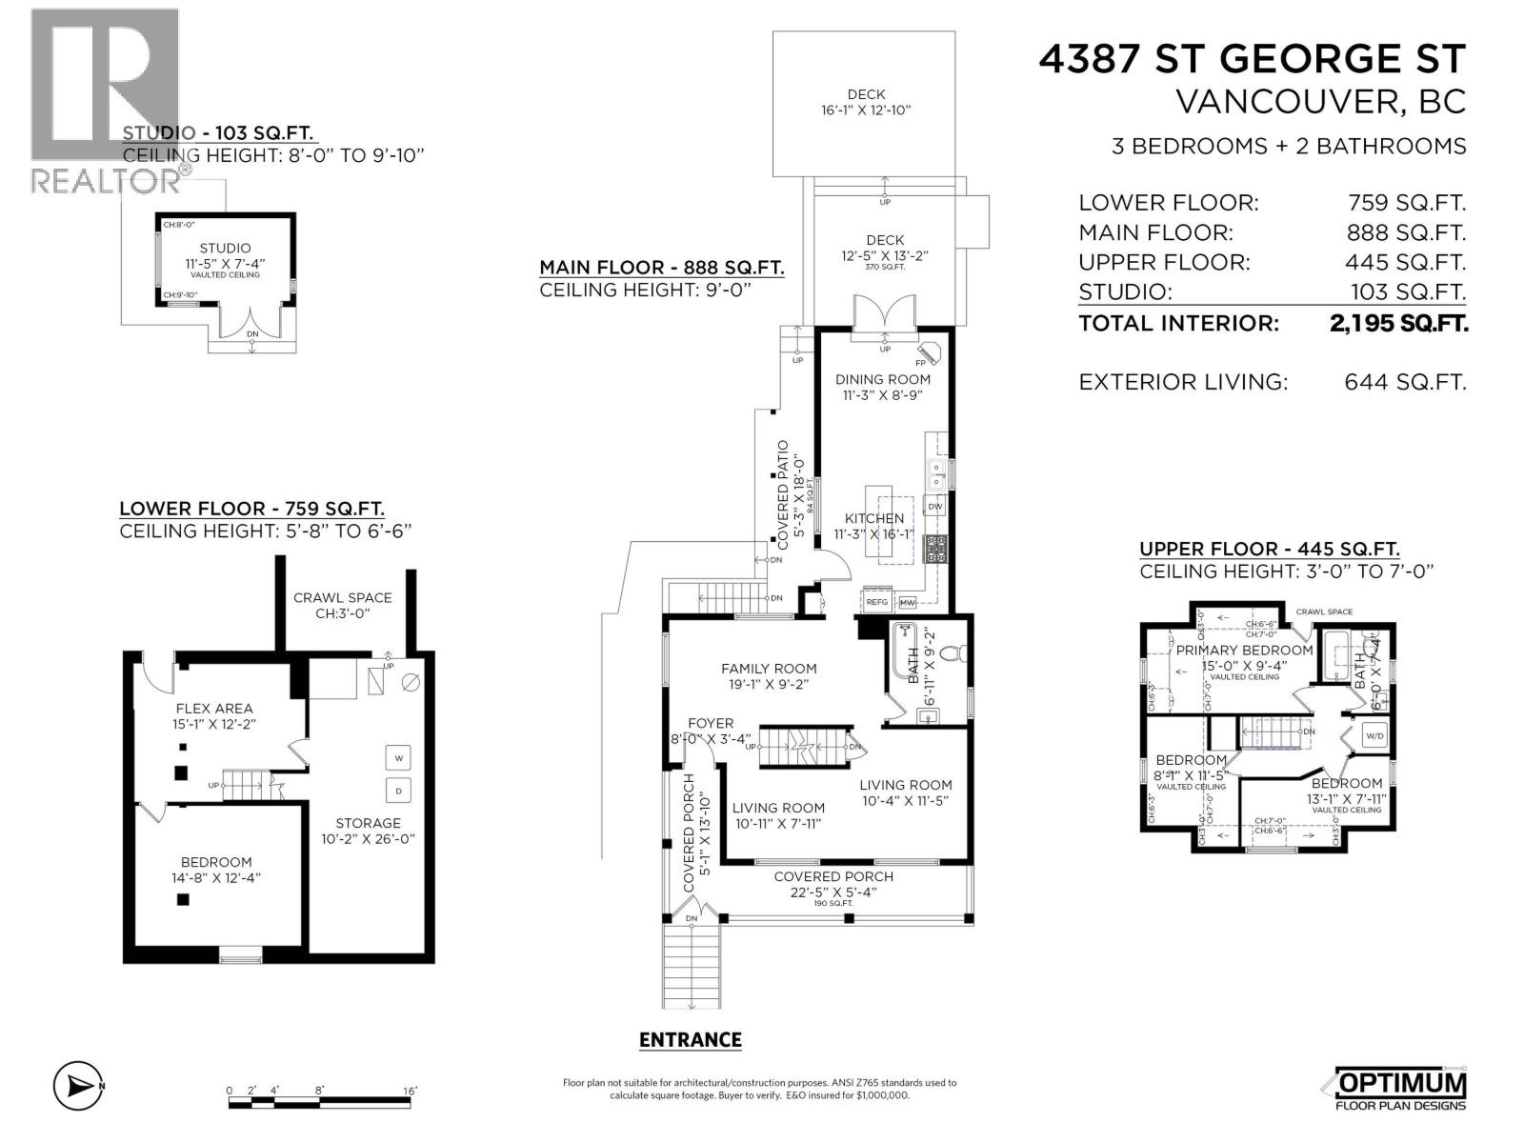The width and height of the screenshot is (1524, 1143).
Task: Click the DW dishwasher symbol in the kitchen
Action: coord(935,506)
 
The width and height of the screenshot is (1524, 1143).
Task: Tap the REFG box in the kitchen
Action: coord(876,602)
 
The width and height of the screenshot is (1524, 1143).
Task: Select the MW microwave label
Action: coord(907,603)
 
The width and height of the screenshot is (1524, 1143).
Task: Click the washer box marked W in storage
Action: coord(398,758)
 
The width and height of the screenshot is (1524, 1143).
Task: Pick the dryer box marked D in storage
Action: coord(398,791)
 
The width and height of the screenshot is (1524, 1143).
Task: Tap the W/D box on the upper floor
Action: coord(1374,735)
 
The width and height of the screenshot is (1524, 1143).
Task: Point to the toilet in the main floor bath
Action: coord(955,653)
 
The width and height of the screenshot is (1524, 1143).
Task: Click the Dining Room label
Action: coord(882,379)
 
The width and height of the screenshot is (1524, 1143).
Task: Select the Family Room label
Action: coord(769,669)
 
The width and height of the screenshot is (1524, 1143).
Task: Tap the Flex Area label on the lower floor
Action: coord(214,708)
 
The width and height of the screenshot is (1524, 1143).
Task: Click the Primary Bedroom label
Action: coord(1244,651)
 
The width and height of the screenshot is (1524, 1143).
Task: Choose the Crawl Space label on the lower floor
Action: coord(342,597)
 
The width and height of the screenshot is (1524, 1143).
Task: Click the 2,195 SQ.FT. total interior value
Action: coord(1398,323)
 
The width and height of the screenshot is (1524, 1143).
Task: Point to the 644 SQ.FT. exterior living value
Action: coord(1405,382)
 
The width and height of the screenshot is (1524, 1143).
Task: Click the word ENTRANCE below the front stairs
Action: coord(690,1040)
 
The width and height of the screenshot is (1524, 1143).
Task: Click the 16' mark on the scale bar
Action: coord(410,1091)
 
